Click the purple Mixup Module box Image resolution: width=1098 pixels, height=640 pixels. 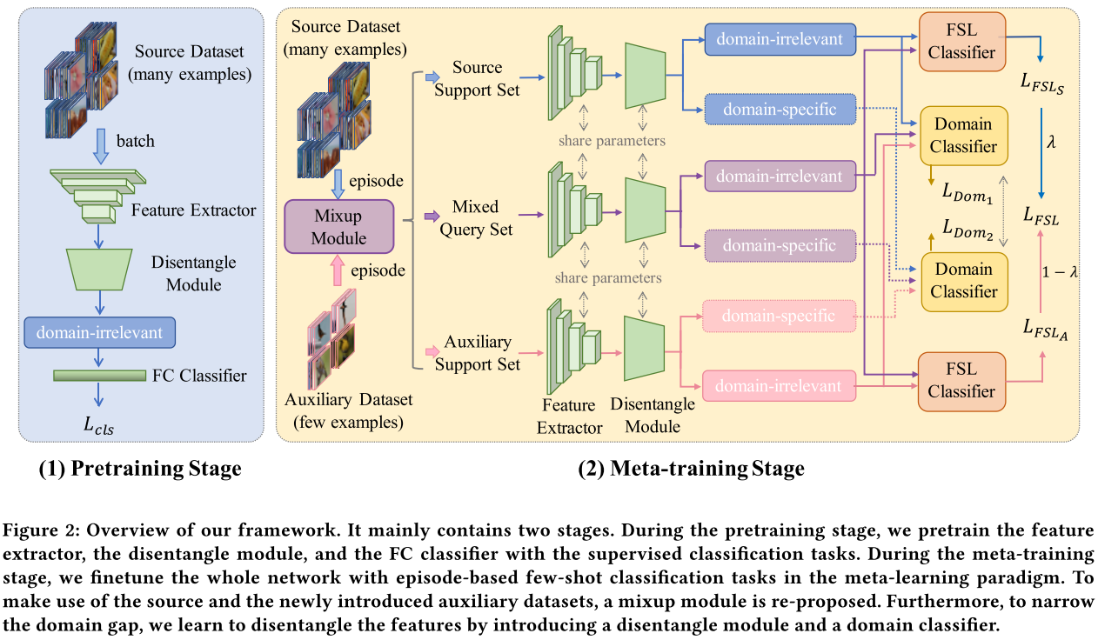(x=339, y=225)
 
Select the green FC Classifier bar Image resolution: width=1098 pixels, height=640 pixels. (x=99, y=376)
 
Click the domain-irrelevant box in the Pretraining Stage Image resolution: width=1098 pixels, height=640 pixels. (x=100, y=331)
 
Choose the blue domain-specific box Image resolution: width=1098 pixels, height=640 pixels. (x=780, y=110)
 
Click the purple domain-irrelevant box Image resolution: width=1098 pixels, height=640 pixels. (x=780, y=177)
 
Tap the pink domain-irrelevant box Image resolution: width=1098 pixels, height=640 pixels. (x=780, y=384)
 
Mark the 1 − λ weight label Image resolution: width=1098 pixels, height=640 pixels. (x=1060, y=272)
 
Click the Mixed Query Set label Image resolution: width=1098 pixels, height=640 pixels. (x=476, y=217)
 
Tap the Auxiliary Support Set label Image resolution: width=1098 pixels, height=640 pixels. (x=476, y=352)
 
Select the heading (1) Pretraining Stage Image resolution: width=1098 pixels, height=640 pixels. (x=140, y=469)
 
